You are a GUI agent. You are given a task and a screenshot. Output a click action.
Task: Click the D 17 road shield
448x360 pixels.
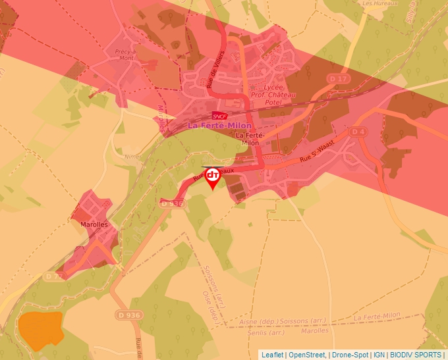click(x=338, y=79)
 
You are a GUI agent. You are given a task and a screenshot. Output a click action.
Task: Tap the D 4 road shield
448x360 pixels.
click(x=358, y=132)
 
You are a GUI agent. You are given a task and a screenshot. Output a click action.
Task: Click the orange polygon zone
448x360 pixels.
click(x=40, y=329)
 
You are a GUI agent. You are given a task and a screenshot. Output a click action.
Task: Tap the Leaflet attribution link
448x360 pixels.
click(x=272, y=355)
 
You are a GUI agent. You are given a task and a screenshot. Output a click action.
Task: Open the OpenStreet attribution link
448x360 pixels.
click(x=307, y=355)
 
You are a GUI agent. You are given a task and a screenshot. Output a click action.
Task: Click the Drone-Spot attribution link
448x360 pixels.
click(x=350, y=355)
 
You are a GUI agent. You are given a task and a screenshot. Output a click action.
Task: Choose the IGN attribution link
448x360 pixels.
click(x=379, y=355)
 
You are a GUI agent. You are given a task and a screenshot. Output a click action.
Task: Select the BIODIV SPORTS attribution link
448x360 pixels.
click(x=416, y=355)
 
